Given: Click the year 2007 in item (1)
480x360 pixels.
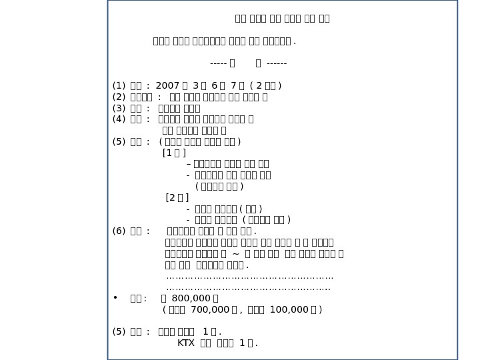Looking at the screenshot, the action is click(166, 85).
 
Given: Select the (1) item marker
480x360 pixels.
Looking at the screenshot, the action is click(119, 85).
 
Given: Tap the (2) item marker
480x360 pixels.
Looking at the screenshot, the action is click(119, 97).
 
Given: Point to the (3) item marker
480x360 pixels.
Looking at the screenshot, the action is click(119, 108).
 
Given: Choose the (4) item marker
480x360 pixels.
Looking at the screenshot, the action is click(119, 119).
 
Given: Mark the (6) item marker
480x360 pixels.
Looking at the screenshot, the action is click(119, 231).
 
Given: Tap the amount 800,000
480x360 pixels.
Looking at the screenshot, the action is click(187, 298).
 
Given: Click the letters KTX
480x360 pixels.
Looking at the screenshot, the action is click(186, 343).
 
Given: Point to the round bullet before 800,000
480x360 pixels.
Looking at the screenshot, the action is click(115, 298).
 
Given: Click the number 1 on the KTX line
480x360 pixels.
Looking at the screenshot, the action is click(241, 343).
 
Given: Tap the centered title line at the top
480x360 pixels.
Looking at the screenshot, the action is click(282, 19).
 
